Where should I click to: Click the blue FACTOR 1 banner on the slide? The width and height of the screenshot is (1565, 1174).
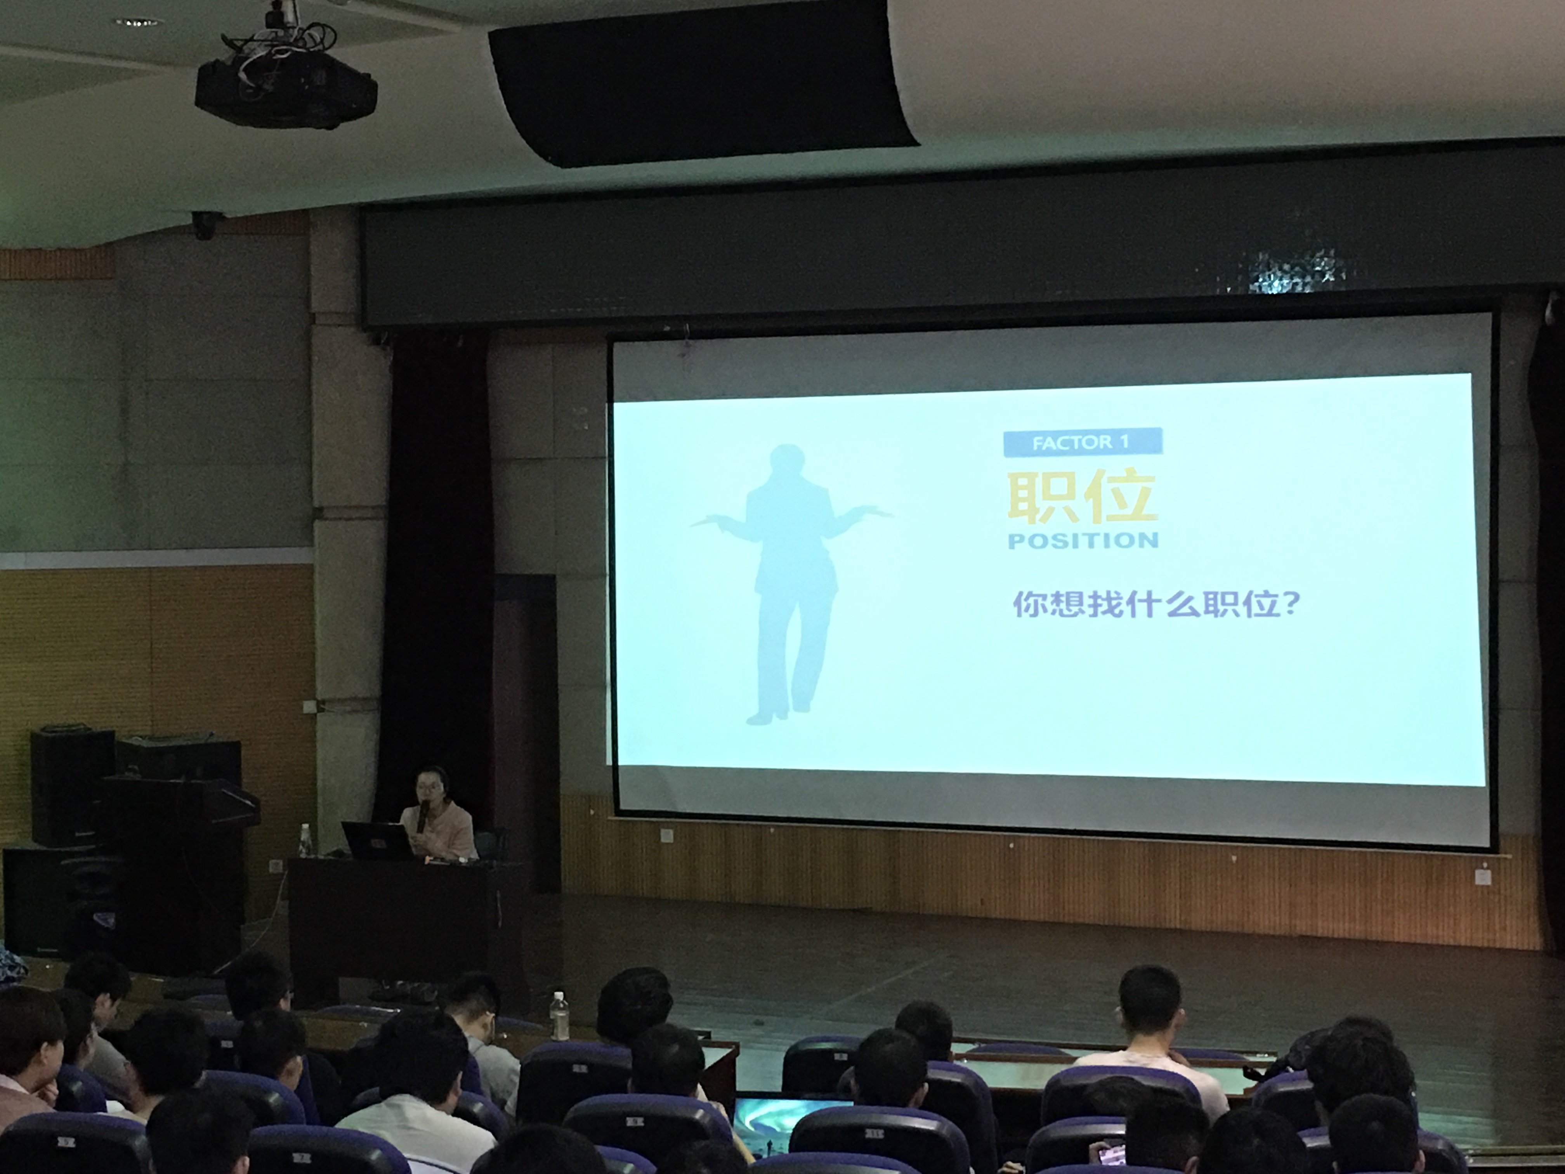click(x=1083, y=442)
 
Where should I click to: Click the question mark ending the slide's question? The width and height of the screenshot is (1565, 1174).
click(x=1291, y=604)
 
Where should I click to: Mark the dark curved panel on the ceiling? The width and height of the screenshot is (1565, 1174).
click(x=701, y=82)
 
